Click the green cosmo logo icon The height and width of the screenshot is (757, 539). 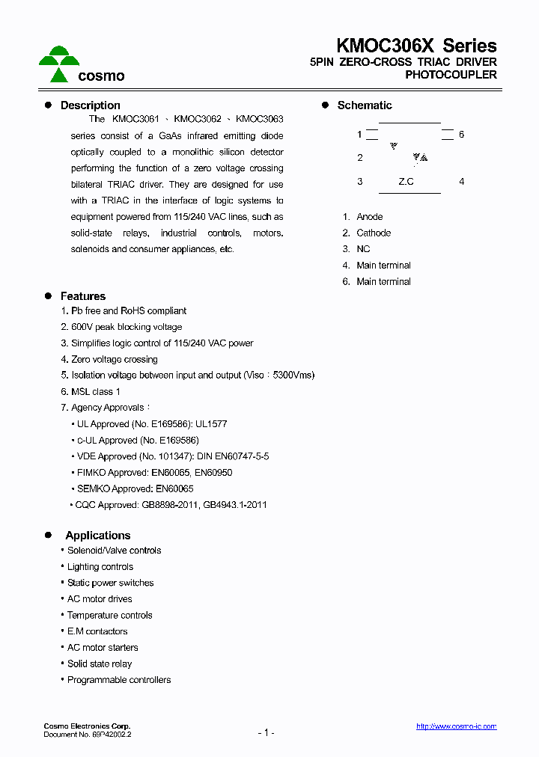59,64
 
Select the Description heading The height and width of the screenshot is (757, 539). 90,105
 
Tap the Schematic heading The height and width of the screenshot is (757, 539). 365,105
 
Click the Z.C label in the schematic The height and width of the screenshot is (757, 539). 406,182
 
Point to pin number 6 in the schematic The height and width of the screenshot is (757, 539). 461,135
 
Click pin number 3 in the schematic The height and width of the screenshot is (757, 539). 360,182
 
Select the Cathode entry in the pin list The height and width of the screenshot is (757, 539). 374,233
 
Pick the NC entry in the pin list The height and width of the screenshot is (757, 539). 363,249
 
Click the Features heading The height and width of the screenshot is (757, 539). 82,296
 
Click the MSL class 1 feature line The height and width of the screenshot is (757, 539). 95,391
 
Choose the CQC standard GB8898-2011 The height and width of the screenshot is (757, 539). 168,505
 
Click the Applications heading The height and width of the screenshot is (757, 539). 97,536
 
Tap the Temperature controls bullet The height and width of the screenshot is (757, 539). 109,616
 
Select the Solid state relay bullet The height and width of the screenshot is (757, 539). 100,663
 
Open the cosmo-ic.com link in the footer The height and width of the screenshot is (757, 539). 456,726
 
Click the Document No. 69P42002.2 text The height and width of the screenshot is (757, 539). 88,735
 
